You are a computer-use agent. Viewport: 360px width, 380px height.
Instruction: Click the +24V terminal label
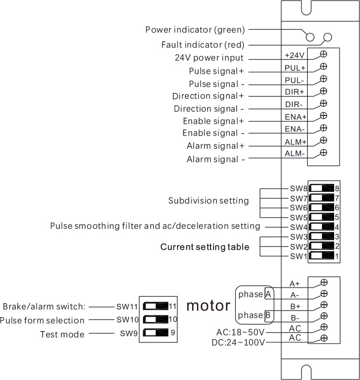294,55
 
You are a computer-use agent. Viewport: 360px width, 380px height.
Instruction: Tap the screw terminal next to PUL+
323,67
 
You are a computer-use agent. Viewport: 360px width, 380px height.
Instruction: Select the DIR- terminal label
294,104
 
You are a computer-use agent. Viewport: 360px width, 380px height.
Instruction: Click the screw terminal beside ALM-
323,153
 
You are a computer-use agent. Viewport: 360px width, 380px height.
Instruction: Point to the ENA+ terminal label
295,117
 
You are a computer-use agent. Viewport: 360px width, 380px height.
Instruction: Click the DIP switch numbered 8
322,189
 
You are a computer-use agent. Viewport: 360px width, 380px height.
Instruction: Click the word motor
208,306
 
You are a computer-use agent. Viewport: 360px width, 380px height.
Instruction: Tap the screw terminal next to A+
324,282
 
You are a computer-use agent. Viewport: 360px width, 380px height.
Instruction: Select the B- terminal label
295,317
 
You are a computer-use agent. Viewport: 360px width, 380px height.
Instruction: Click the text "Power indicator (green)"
195,29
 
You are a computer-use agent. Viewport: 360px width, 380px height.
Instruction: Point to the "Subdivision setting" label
209,201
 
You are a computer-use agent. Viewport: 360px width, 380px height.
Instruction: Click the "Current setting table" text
204,247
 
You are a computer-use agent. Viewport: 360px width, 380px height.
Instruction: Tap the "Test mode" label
62,334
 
